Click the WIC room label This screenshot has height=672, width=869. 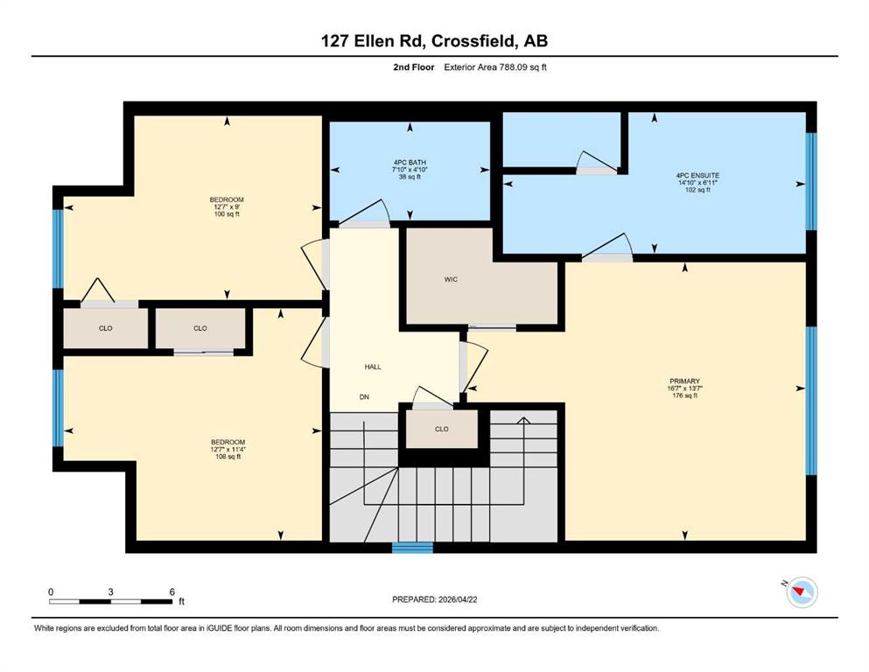click(x=451, y=280)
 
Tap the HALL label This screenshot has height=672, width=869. click(x=373, y=367)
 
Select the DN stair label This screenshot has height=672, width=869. click(x=364, y=397)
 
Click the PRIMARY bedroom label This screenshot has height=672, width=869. click(x=684, y=381)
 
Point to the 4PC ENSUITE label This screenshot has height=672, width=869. click(x=697, y=176)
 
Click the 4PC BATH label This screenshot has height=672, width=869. click(x=410, y=163)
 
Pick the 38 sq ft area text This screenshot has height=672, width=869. click(x=410, y=178)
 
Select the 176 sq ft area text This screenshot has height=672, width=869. click(x=685, y=396)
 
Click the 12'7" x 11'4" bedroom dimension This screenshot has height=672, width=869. click(x=228, y=450)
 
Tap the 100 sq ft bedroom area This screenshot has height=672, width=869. click(x=227, y=214)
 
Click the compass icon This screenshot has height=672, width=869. click(x=802, y=591)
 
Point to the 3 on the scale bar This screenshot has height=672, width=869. click(x=111, y=591)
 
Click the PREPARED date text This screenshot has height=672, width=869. click(x=434, y=599)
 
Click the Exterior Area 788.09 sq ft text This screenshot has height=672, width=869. click(x=495, y=67)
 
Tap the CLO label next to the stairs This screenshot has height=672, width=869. click(x=442, y=430)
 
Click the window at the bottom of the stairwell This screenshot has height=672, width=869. click(x=412, y=548)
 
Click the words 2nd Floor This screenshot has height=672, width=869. click(x=414, y=67)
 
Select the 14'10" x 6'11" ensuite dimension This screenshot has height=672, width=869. click(x=697, y=183)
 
